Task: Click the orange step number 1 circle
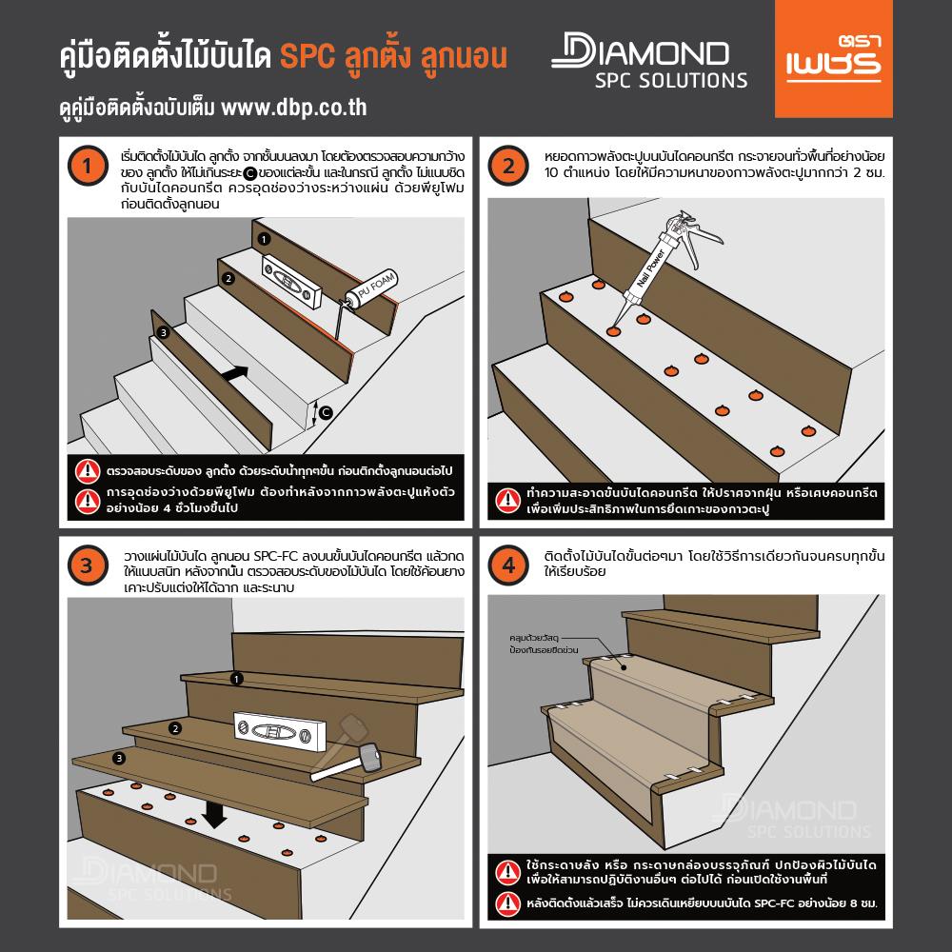click(87, 168)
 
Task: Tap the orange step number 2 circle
click(507, 168)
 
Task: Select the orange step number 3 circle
click(87, 565)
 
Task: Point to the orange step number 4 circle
click(507, 565)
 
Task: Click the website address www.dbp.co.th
click(294, 108)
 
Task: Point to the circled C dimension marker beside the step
click(326, 411)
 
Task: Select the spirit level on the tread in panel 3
click(277, 734)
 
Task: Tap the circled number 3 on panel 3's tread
click(118, 758)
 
